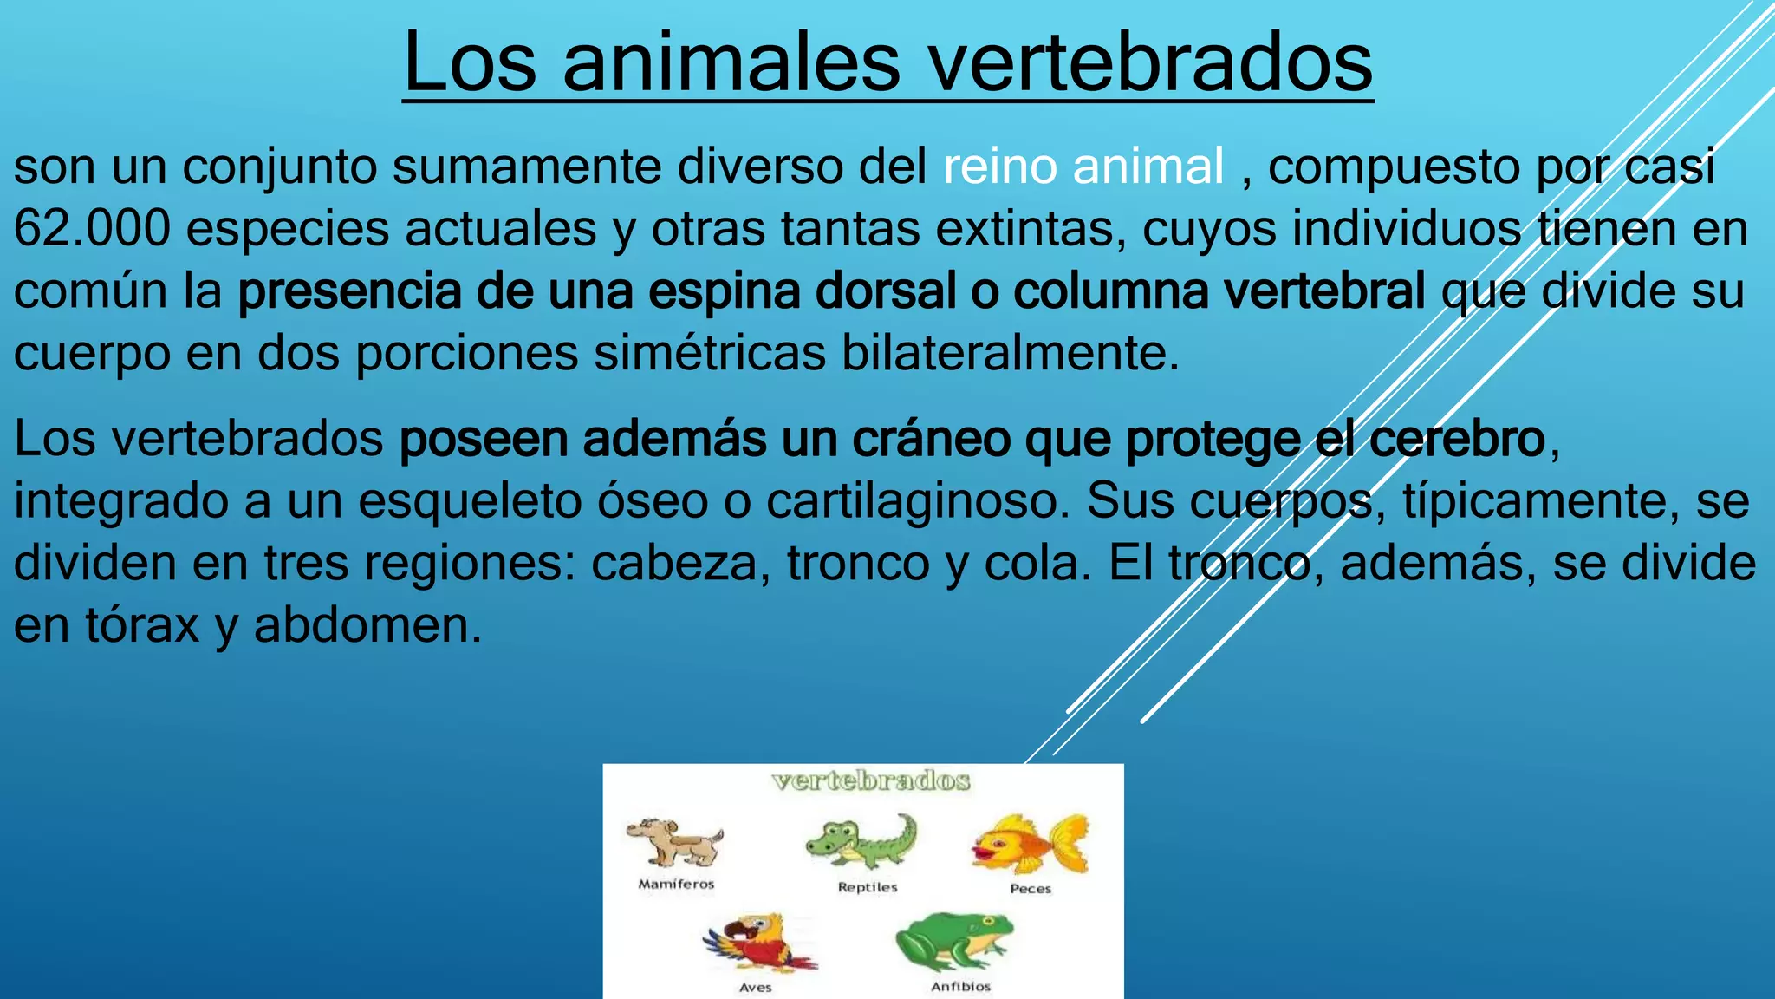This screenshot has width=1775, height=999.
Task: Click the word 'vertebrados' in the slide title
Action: click(1151, 62)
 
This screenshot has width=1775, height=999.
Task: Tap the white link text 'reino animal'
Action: click(1083, 166)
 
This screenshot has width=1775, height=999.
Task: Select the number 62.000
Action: click(92, 229)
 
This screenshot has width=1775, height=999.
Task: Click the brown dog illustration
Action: click(675, 842)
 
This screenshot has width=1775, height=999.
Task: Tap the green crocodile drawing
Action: click(861, 841)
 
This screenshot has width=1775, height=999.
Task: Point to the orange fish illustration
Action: click(1030, 843)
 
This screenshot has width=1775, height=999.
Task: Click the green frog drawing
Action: click(954, 942)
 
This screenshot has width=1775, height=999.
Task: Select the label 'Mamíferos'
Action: click(676, 885)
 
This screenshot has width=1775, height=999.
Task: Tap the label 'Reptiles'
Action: click(868, 887)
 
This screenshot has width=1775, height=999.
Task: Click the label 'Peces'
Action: click(1031, 889)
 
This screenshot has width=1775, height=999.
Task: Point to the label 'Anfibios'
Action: click(960, 987)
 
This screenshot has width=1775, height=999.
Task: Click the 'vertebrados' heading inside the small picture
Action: click(870, 781)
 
